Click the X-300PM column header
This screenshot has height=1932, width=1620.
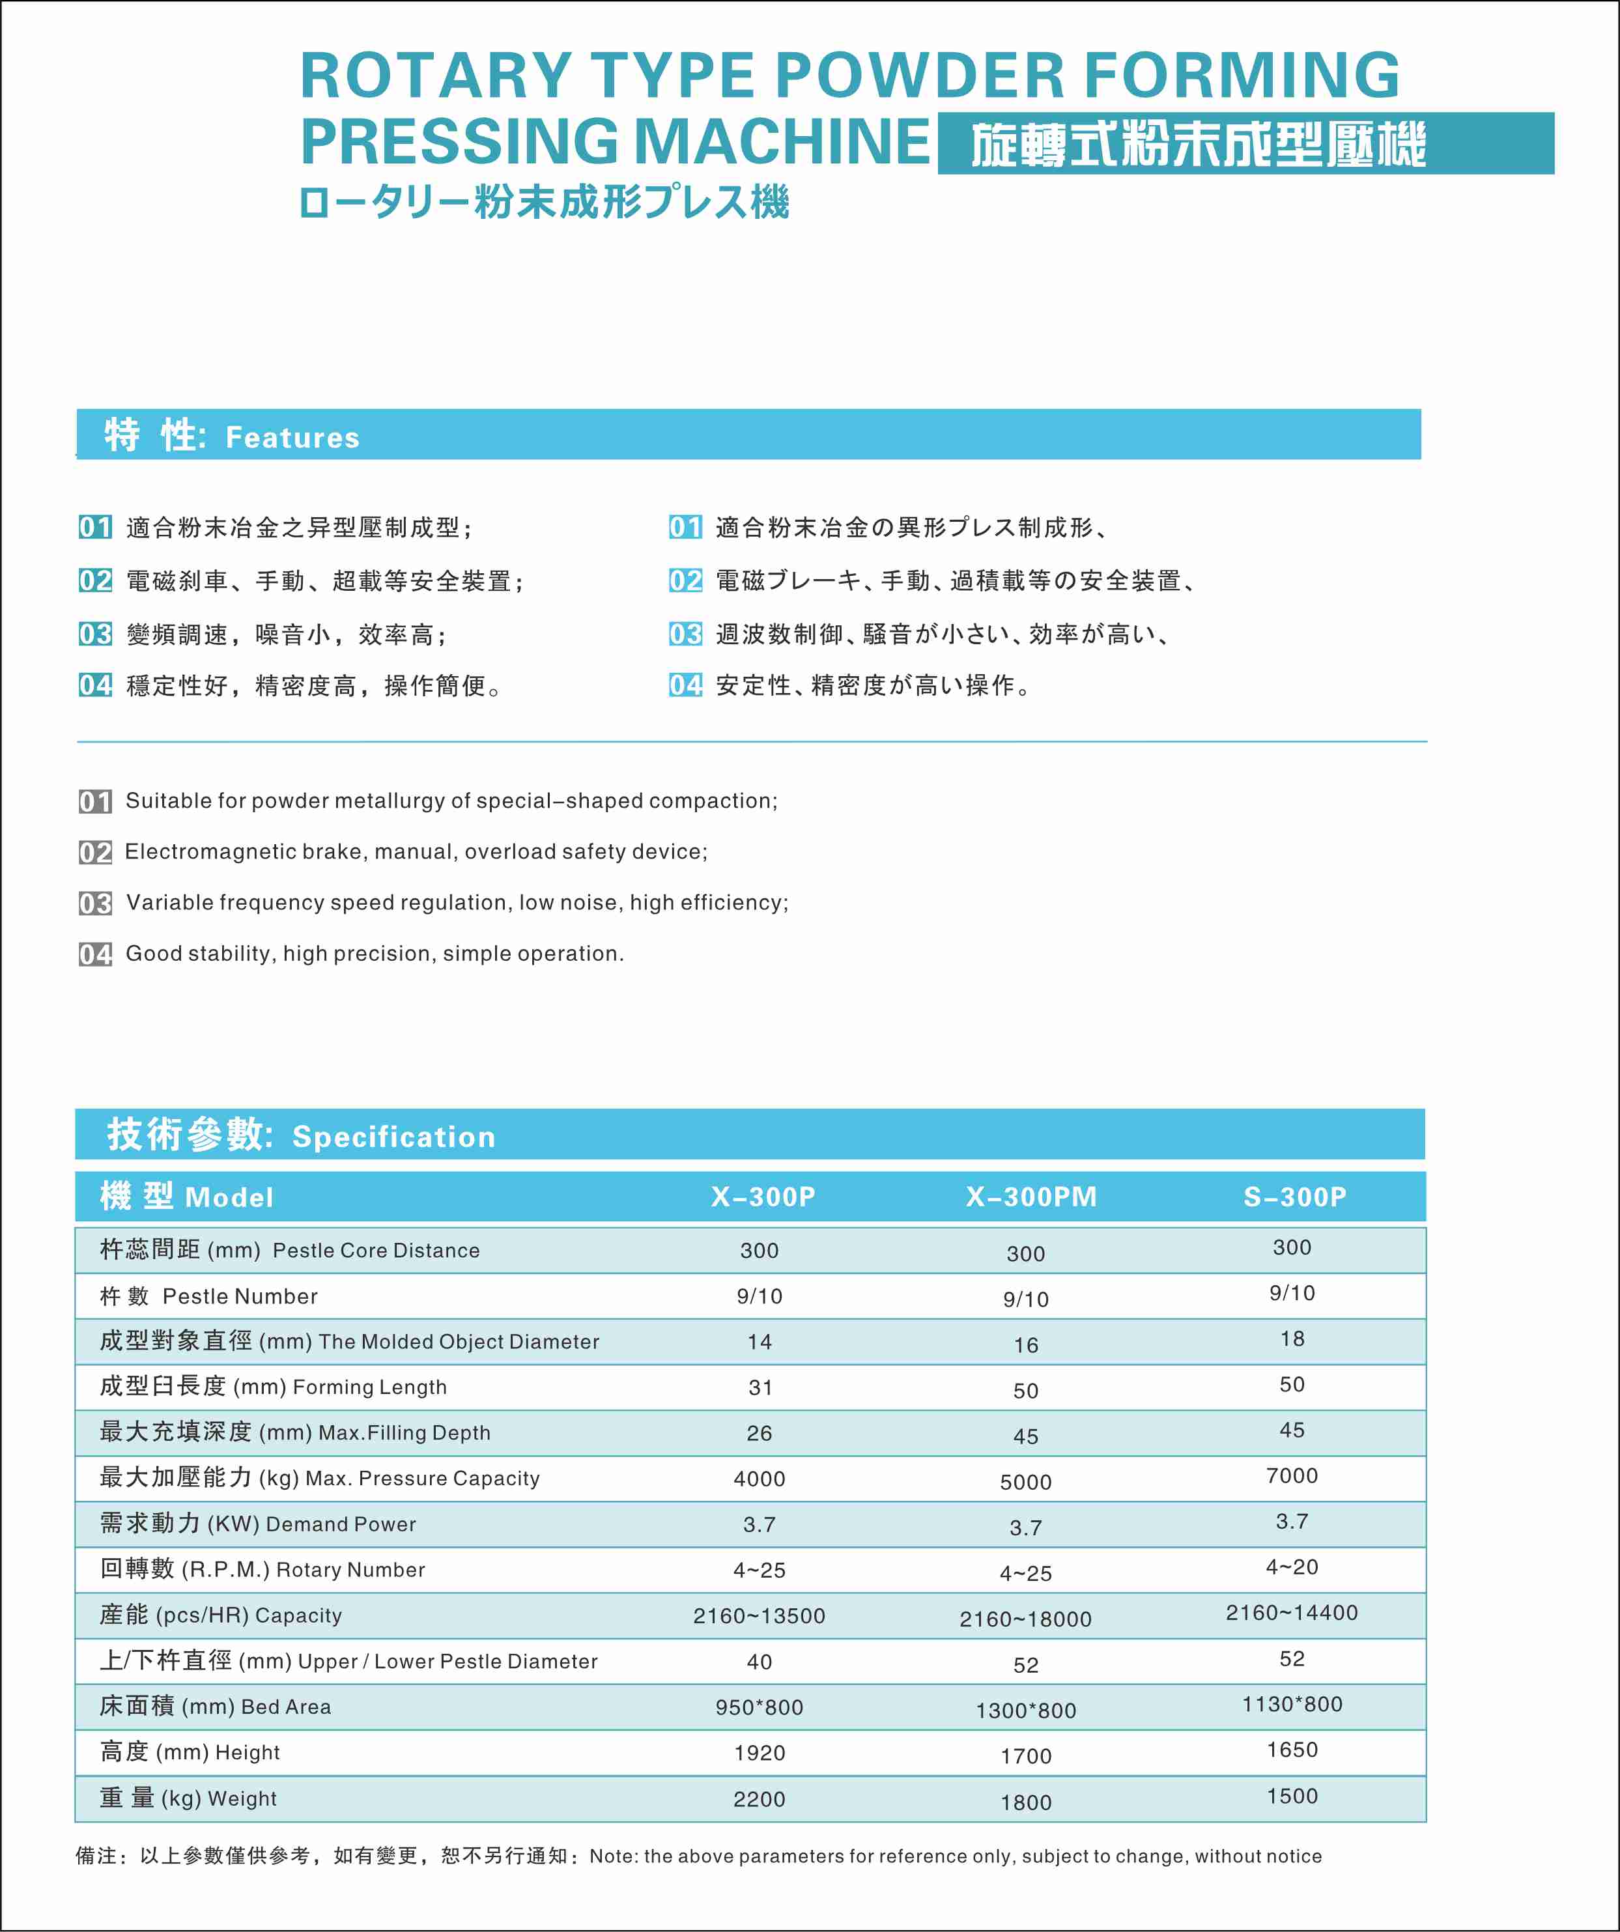point(1031,1197)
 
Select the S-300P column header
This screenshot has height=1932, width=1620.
point(1294,1197)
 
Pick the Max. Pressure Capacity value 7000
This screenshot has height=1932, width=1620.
point(1292,1475)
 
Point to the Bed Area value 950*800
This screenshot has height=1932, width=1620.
point(759,1707)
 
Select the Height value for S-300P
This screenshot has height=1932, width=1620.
point(1292,1750)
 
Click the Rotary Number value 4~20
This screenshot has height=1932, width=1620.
point(1292,1567)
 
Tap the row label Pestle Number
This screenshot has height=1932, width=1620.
point(239,1296)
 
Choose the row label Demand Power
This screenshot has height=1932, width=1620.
point(341,1524)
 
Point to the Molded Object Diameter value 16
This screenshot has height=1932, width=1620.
point(1026,1345)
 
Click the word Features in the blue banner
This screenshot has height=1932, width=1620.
point(292,438)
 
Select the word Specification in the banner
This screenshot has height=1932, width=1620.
point(393,1137)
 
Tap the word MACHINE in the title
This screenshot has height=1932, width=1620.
point(782,142)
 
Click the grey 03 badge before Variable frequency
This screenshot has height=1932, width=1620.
point(94,903)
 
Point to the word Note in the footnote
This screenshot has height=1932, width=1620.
point(612,1856)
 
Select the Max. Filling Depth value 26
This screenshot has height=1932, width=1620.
point(759,1433)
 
